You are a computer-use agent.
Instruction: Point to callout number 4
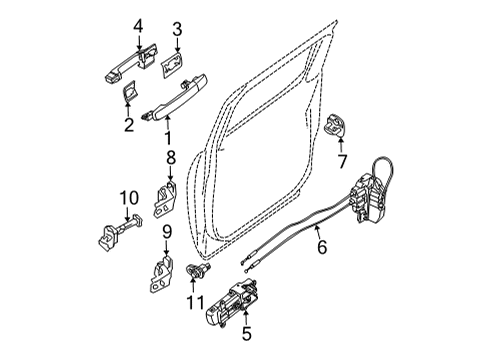click(139, 26)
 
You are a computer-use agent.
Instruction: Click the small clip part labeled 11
click(196, 269)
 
